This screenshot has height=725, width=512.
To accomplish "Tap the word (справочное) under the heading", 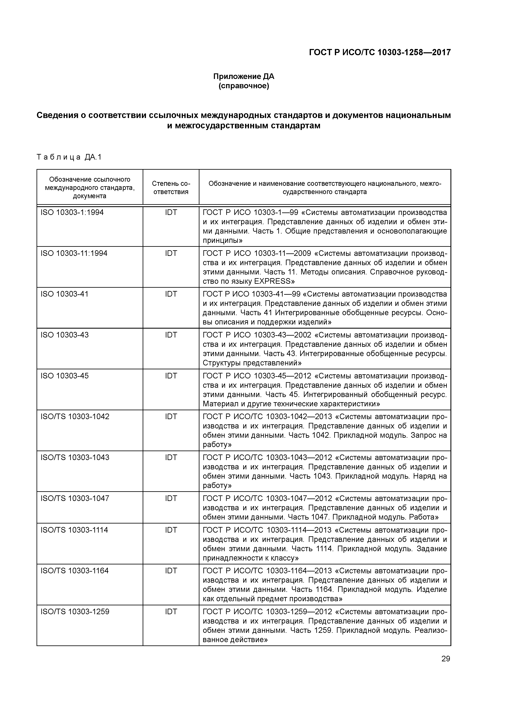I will tap(244, 86).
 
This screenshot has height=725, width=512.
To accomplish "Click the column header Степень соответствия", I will tap(171, 188).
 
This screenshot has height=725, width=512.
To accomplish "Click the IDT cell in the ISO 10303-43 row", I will tap(171, 335).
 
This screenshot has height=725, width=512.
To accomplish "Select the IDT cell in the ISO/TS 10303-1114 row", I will tap(171, 530).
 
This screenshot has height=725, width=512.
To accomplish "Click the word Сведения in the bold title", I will tap(57, 115).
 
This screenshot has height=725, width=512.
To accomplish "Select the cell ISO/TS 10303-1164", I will tap(75, 571).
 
